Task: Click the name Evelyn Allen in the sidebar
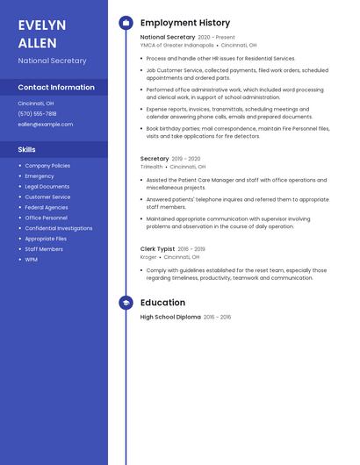click(x=42, y=34)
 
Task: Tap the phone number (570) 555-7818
click(x=37, y=113)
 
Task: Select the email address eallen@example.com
click(x=46, y=124)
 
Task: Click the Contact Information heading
click(x=56, y=87)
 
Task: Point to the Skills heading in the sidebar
click(x=27, y=149)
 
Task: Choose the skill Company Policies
click(x=47, y=165)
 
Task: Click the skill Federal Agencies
click(x=47, y=207)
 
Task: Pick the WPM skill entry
click(x=32, y=259)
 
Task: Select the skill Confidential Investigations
click(x=59, y=228)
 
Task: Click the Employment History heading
click(x=185, y=23)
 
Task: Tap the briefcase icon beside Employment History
click(x=126, y=23)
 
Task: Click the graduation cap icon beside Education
click(x=126, y=303)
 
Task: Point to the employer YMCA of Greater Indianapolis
click(x=176, y=45)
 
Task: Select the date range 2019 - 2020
click(x=186, y=159)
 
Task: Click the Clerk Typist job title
click(x=158, y=248)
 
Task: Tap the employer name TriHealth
click(x=152, y=167)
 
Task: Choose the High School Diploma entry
click(x=170, y=317)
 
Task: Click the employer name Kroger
click(x=148, y=257)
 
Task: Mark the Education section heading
click(x=162, y=303)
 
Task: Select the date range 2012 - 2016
click(x=218, y=317)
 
